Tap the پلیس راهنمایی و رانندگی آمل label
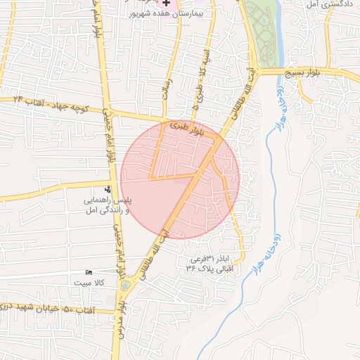pos(108,204)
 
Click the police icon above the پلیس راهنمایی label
pos(108,188)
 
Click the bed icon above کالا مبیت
pos(89,272)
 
